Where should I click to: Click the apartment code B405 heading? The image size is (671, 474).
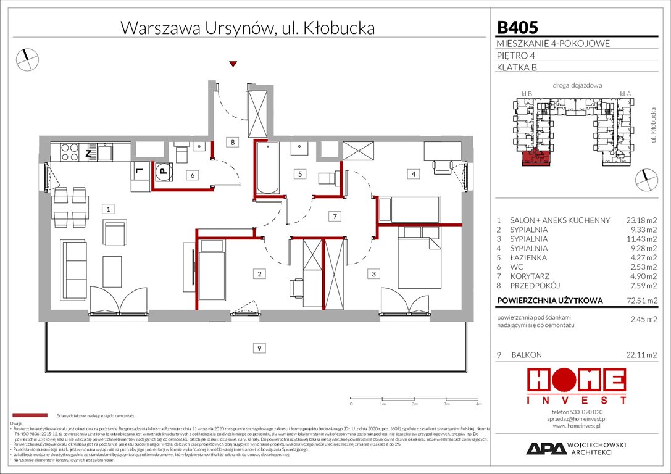point(517,28)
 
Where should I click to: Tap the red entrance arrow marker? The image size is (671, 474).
point(233,64)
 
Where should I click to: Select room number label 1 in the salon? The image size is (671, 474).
point(108,209)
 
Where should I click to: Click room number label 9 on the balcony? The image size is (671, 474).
point(260,349)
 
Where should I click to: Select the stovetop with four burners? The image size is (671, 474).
point(69,152)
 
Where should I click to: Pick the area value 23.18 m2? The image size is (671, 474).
point(636,220)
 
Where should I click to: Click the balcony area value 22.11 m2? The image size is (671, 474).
point(636,355)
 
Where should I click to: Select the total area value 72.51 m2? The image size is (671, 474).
point(636,301)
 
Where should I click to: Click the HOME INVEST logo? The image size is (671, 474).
point(575,386)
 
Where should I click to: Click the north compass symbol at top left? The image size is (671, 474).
point(28,59)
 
